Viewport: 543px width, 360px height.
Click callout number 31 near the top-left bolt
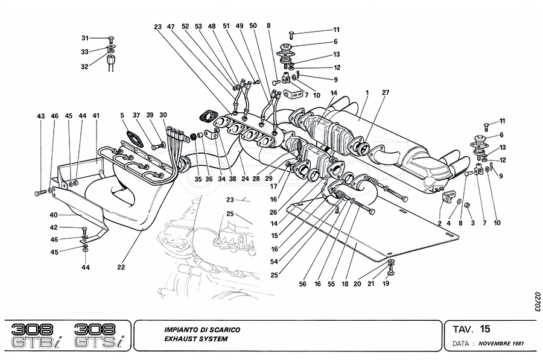point(85,37)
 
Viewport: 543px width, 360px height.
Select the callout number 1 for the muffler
point(366,94)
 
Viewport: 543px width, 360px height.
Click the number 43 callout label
point(41,116)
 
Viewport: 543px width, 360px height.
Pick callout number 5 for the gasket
point(122,116)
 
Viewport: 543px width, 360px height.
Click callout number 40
point(53,214)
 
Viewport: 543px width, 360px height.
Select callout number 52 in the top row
point(185,27)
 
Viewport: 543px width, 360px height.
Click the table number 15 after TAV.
point(485,329)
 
